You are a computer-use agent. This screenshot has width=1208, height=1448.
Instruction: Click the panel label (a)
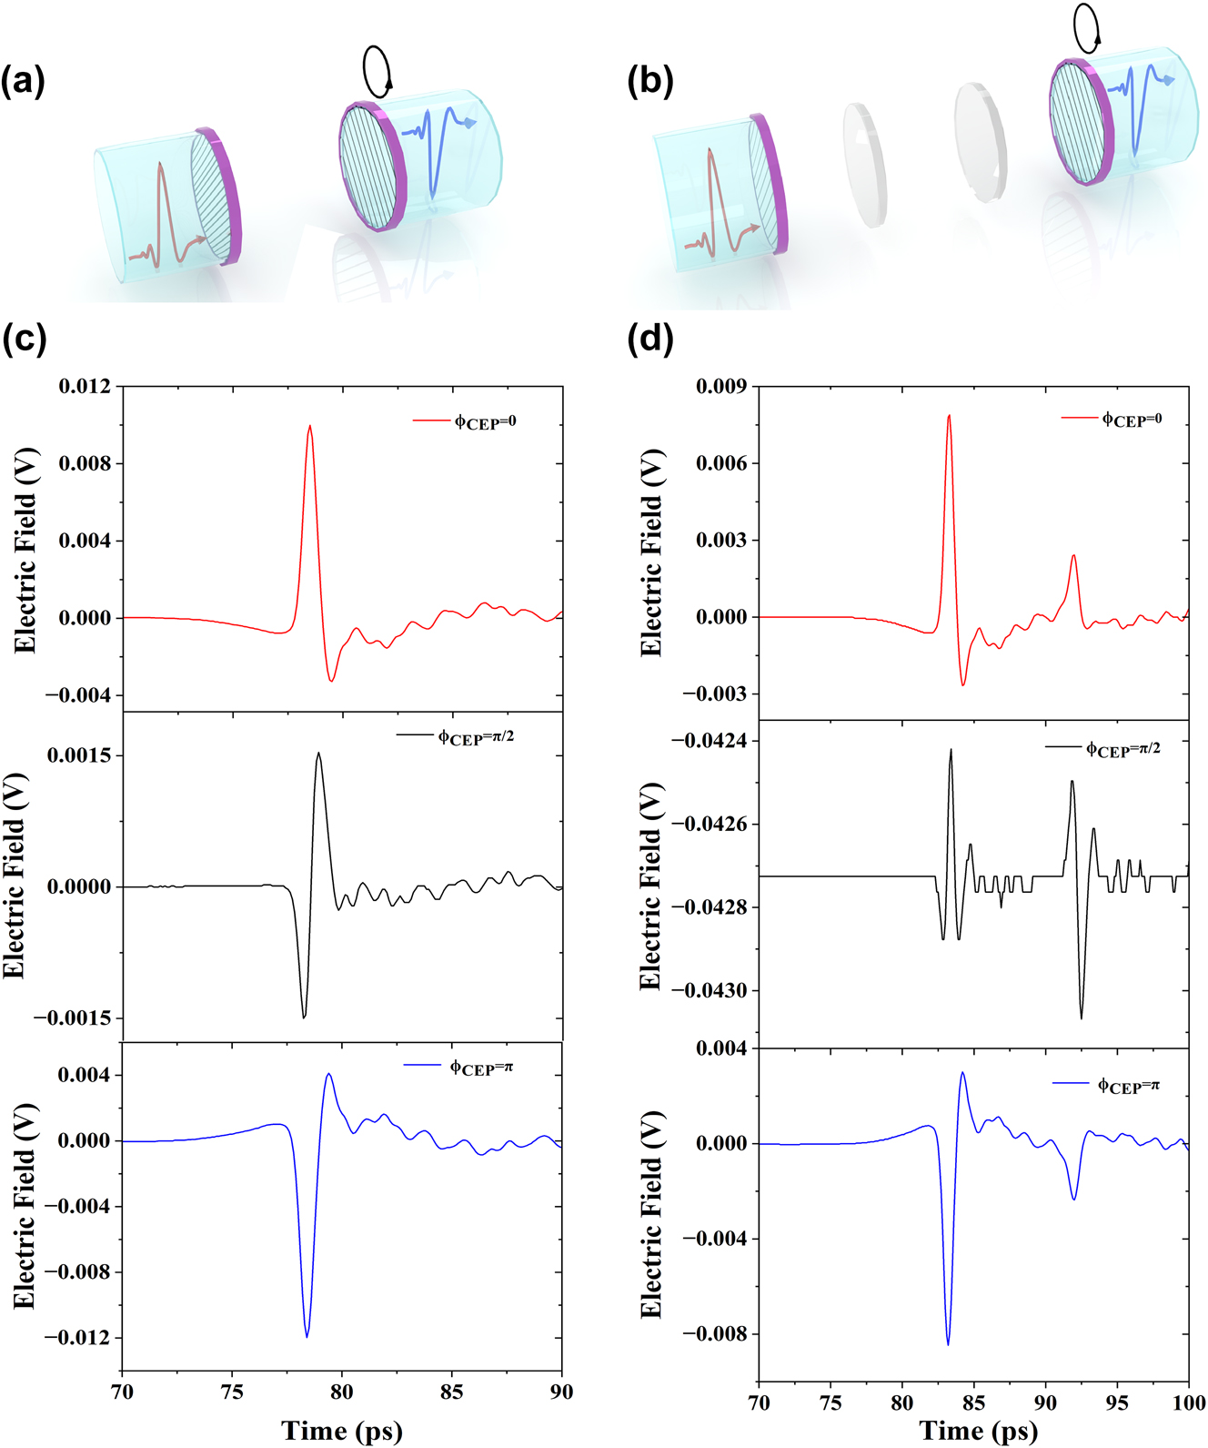pos(23,82)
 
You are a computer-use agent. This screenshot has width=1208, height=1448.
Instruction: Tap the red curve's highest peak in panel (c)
pos(310,426)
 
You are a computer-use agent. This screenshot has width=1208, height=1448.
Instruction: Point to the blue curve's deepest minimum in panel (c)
pos(307,1336)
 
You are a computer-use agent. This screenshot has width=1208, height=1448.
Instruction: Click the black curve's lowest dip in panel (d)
pos(1082,1018)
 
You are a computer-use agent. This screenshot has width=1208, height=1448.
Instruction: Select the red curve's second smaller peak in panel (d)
pos(1074,556)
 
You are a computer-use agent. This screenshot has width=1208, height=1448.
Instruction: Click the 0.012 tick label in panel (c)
pos(85,387)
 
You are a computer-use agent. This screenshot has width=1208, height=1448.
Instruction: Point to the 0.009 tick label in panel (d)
pos(721,387)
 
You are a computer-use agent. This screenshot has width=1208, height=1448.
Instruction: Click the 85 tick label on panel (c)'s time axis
pos(451,1392)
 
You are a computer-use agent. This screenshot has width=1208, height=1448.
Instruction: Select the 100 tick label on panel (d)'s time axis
pos(1188,1402)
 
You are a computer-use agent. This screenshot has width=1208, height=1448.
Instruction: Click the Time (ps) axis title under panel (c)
pos(341,1430)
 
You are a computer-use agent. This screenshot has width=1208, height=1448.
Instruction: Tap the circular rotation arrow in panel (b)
pos(1087,28)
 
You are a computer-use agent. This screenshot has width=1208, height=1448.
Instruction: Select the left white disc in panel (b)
pos(864,165)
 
